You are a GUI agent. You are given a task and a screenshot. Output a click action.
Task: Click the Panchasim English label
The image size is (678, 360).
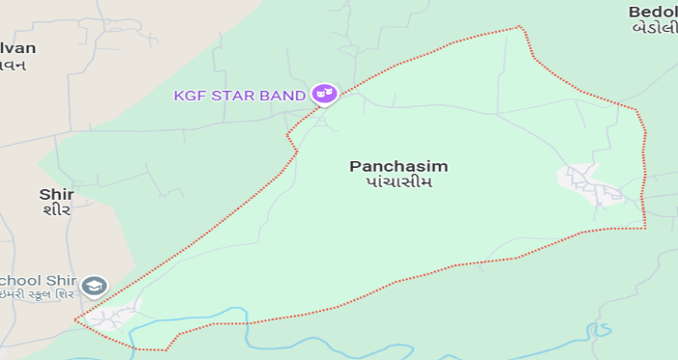pyautogui.click(x=398, y=166)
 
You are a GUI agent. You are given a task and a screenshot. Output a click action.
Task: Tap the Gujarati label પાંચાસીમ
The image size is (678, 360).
pyautogui.click(x=398, y=182)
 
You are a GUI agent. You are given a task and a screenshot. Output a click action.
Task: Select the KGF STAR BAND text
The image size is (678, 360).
pyautogui.click(x=239, y=95)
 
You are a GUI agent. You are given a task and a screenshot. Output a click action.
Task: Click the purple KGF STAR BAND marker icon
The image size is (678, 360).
pyautogui.click(x=325, y=94)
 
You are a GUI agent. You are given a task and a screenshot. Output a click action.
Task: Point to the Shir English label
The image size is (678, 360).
pyautogui.click(x=56, y=194)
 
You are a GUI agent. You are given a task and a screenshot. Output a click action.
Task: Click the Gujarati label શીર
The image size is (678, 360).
pyautogui.click(x=56, y=210)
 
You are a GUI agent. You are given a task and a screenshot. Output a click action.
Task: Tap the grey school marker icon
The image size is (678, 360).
pyautogui.click(x=94, y=285)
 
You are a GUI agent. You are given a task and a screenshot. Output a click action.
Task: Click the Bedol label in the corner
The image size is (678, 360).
pyautogui.click(x=653, y=12)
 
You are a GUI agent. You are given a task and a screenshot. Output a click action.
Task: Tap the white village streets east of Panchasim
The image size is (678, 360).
pyautogui.click(x=590, y=183)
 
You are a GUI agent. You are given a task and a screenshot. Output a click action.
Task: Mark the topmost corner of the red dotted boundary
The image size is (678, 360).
pyautogui.click(x=521, y=27)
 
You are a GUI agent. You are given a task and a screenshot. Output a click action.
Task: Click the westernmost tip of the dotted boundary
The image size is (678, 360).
pyautogui.click(x=74, y=320)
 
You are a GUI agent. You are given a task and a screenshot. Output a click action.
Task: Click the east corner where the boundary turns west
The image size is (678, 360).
pyautogui.click(x=644, y=228)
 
